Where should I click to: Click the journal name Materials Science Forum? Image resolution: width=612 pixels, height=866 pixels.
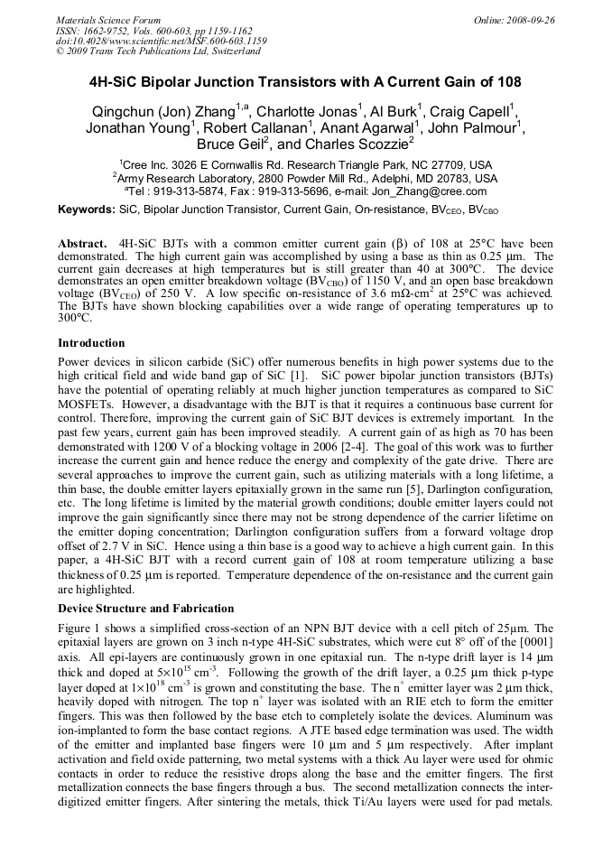point(108,20)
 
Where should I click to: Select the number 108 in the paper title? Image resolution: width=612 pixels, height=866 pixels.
point(508,82)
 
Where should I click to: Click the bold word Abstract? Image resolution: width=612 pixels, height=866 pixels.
point(83,245)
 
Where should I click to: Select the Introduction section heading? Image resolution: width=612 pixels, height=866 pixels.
point(91,343)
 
